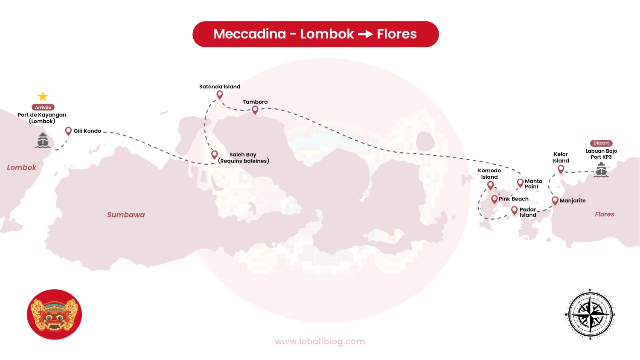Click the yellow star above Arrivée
click(x=43, y=96)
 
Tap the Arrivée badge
click(x=43, y=107)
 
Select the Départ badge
click(x=601, y=143)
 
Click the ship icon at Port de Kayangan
click(x=43, y=140)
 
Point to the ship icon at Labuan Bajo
click(x=601, y=170)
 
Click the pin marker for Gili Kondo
click(x=68, y=131)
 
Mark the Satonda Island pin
click(x=220, y=94)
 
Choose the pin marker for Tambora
click(x=255, y=110)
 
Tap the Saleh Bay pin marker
click(x=215, y=154)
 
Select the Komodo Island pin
click(x=491, y=185)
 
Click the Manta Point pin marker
click(x=520, y=183)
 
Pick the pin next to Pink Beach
click(x=495, y=199)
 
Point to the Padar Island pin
click(x=515, y=210)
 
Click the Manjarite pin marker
click(x=555, y=200)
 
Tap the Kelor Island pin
click(x=561, y=169)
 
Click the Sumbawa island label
click(x=126, y=215)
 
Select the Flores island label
click(x=605, y=214)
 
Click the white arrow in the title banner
click(x=365, y=34)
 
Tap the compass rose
click(x=591, y=314)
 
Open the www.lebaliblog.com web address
click(x=320, y=341)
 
